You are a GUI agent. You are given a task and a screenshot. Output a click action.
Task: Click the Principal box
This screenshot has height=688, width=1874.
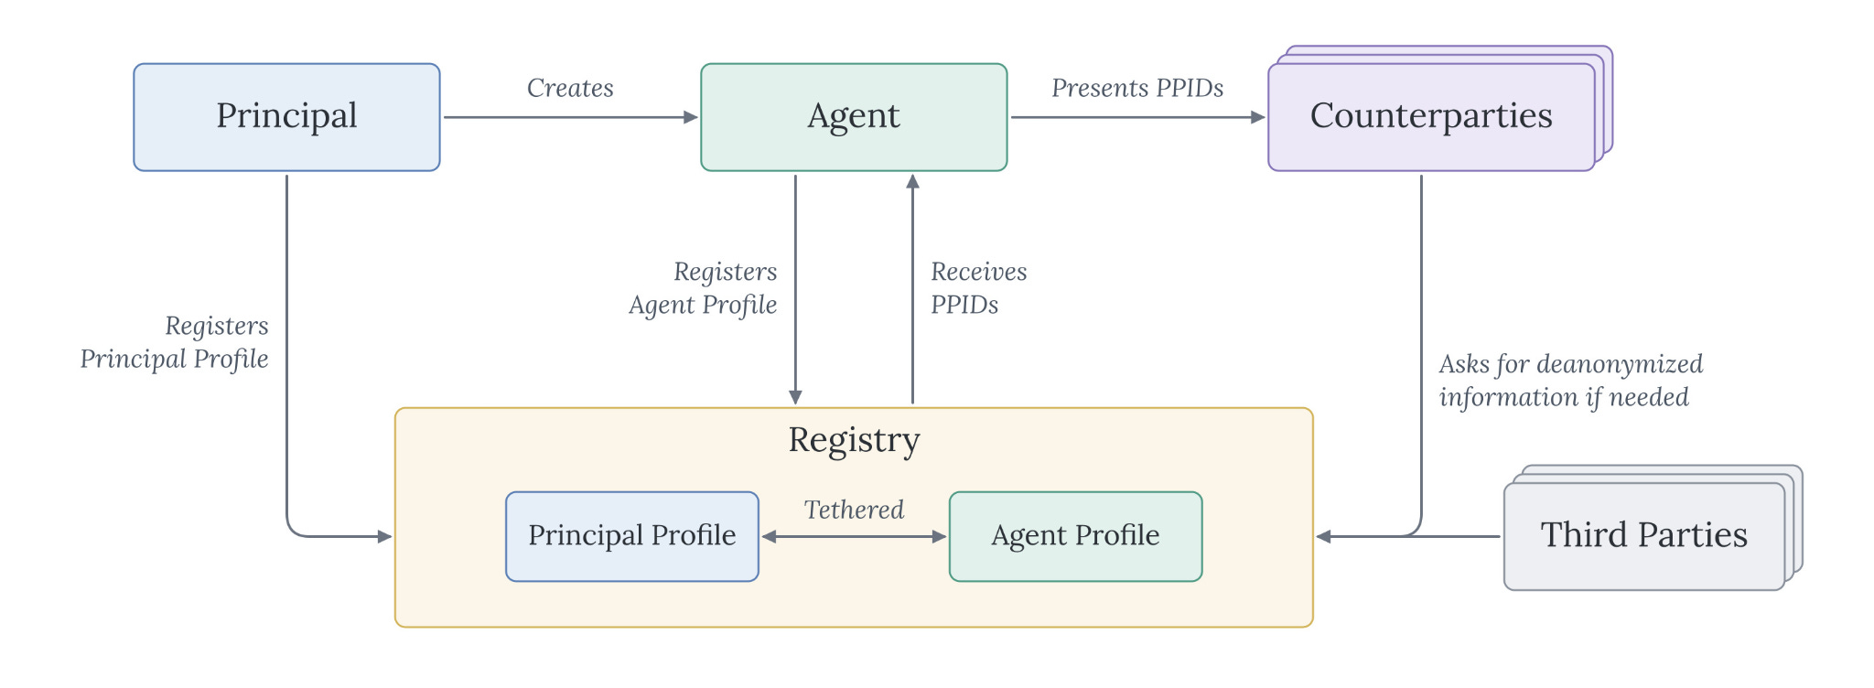point(286,117)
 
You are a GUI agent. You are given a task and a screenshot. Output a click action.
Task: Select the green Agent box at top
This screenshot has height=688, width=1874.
point(854,117)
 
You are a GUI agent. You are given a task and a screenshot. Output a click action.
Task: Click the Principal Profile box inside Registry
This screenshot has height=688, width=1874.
point(632,537)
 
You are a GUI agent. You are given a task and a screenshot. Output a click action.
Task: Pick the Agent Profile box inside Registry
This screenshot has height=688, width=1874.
point(1076,537)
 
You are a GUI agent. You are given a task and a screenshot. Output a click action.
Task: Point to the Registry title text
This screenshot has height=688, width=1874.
point(854,440)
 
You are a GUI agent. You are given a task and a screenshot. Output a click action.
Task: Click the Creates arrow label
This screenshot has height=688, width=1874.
point(570,88)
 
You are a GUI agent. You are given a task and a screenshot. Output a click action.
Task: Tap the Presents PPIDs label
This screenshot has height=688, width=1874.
point(1137,88)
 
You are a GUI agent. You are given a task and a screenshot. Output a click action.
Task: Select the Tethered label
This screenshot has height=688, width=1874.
point(854,510)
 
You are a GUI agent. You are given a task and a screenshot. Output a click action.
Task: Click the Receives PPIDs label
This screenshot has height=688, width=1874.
point(978,287)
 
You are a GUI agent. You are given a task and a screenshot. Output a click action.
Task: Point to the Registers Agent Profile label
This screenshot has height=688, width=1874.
point(703,288)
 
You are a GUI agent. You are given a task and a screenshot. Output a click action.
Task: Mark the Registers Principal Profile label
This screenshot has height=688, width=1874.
point(174,342)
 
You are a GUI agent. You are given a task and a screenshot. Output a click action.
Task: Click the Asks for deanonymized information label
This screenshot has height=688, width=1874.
point(1570,381)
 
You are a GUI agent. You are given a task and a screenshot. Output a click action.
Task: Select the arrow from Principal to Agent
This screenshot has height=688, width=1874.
point(571,117)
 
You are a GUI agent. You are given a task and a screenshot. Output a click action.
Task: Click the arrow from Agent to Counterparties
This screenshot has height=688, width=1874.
point(1138,117)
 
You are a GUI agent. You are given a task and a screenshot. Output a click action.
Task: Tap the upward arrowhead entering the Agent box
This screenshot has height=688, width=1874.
point(912,181)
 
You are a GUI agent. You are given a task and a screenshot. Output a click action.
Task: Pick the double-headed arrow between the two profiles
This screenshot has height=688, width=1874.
point(854,537)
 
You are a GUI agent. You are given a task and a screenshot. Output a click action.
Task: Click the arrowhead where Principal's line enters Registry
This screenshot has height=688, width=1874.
point(385,537)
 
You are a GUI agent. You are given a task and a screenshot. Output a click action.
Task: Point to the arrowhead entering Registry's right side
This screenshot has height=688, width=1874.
point(1323,537)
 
